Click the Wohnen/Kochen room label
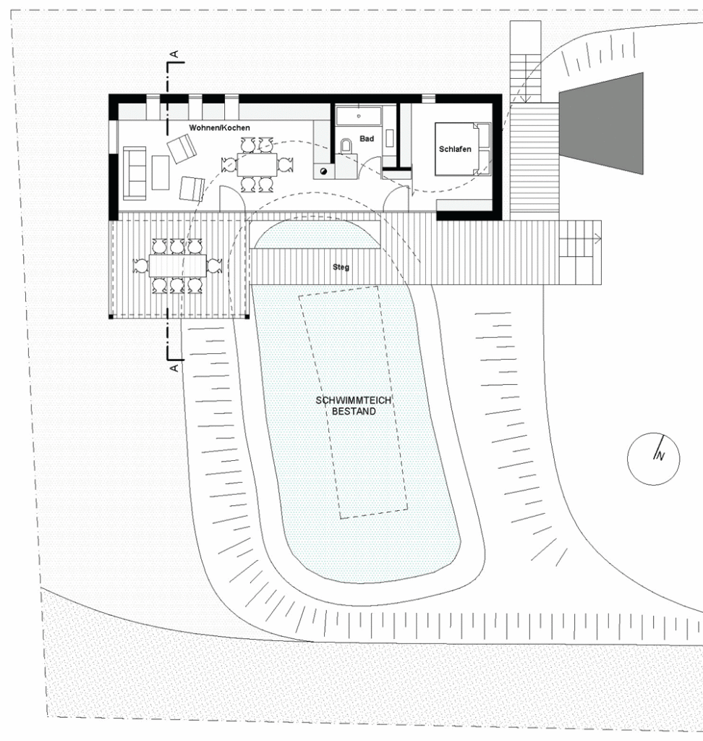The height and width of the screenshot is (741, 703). point(219,127)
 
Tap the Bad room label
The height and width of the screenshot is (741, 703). point(367,138)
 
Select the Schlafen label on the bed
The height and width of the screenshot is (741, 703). point(455,149)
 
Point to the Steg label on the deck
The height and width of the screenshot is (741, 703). point(341,267)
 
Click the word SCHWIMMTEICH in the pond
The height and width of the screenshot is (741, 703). point(354,400)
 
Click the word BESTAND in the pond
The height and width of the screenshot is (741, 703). point(354,411)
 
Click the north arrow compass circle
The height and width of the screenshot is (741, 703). point(653,458)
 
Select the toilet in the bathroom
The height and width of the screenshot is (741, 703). point(346,145)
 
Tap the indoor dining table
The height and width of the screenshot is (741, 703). point(257,164)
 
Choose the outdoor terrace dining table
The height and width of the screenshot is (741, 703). point(178,266)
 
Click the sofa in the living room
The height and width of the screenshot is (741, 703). point(135,173)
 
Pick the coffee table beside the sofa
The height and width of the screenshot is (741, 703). point(161,172)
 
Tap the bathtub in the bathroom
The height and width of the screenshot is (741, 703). point(359,117)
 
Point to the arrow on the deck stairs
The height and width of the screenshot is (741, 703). point(580,239)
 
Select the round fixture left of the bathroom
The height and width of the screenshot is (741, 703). point(323,171)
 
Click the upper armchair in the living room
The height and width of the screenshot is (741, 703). point(182,148)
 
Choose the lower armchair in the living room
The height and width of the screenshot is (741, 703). point(192,189)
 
